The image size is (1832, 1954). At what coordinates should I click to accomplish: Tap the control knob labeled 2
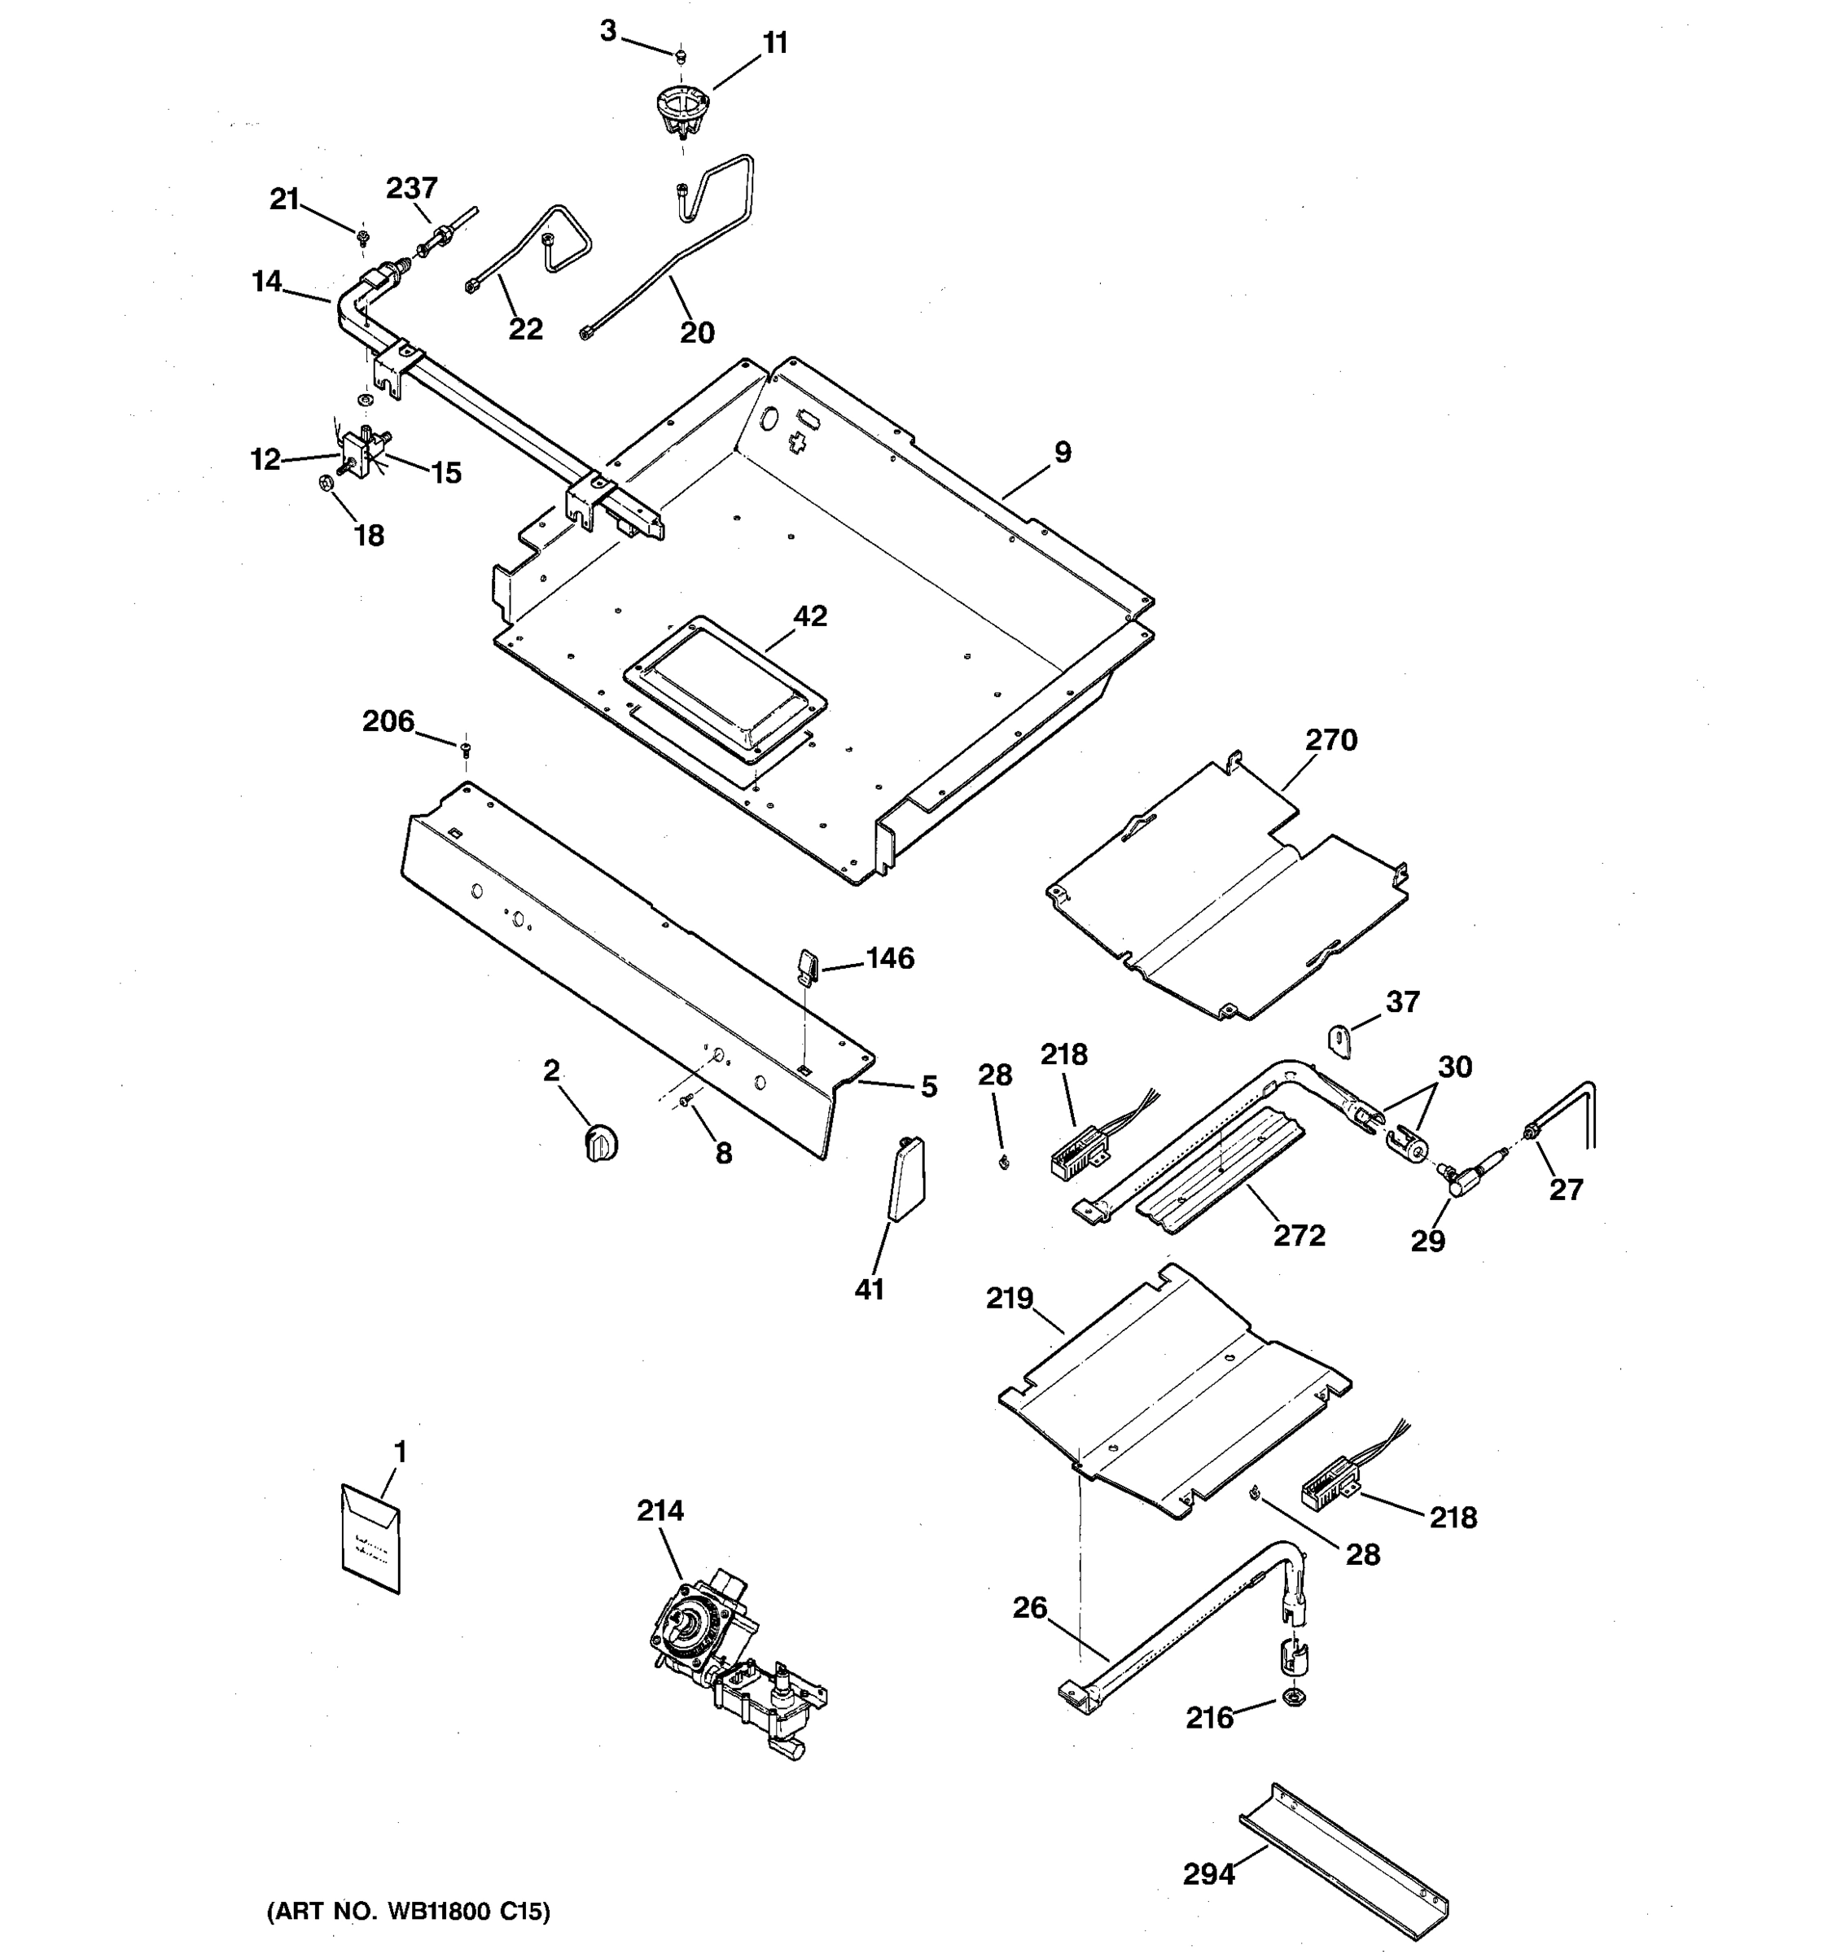pyautogui.click(x=601, y=1143)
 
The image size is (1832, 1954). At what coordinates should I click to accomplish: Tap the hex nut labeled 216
pyautogui.click(x=1295, y=1698)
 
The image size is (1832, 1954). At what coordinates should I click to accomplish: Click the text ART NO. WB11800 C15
pyautogui.click(x=409, y=1912)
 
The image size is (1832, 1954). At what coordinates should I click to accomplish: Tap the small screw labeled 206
pyautogui.click(x=466, y=750)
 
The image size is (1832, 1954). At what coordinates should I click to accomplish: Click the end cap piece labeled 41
pyautogui.click(x=905, y=1178)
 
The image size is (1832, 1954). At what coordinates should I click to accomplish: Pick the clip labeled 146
pyautogui.click(x=805, y=964)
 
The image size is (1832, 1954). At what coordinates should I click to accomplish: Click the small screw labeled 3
pyautogui.click(x=679, y=55)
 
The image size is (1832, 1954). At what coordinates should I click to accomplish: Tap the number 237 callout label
pyautogui.click(x=412, y=188)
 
